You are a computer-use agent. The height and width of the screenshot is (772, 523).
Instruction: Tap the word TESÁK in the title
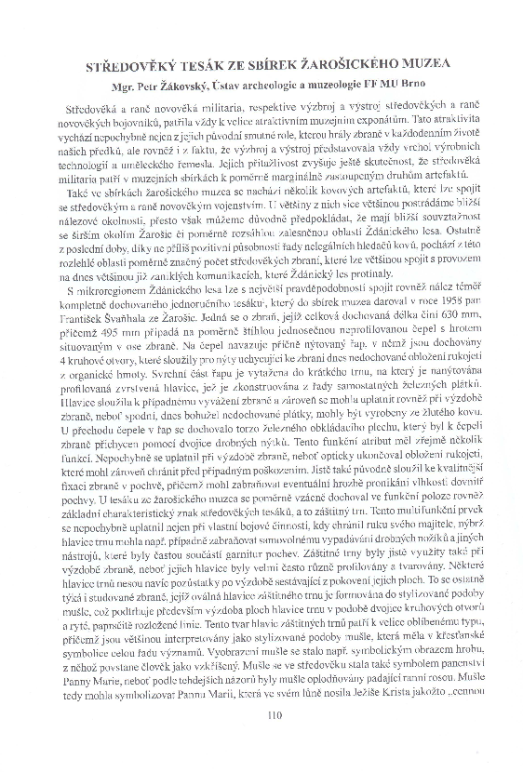[211, 64]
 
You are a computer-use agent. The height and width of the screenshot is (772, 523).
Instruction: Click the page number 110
[273, 715]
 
